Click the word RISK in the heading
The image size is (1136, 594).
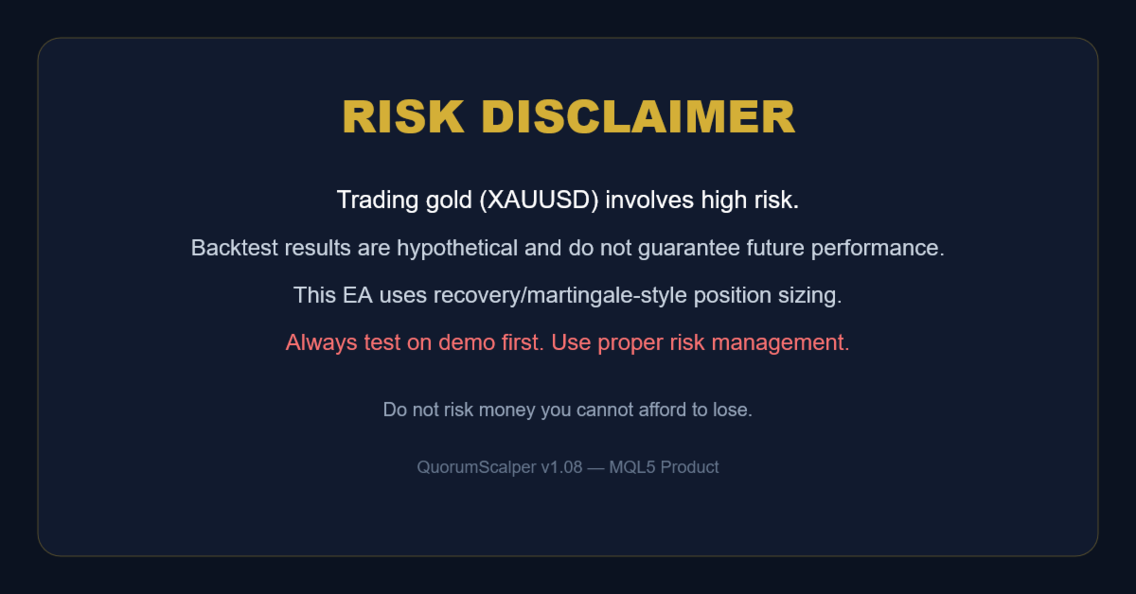click(x=403, y=117)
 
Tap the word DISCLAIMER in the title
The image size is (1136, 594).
click(x=638, y=117)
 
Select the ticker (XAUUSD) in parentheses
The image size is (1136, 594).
click(x=539, y=201)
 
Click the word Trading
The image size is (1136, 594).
click(x=378, y=201)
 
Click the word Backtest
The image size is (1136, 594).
click(x=235, y=248)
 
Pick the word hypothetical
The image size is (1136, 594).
click(x=457, y=249)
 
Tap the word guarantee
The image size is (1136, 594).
click(x=688, y=249)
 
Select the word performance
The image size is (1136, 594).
click(x=878, y=249)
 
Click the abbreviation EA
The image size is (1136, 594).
click(x=358, y=295)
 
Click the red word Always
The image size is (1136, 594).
click(x=322, y=343)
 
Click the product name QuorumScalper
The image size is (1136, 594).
click(x=476, y=467)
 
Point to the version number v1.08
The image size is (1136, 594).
click(x=561, y=467)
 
